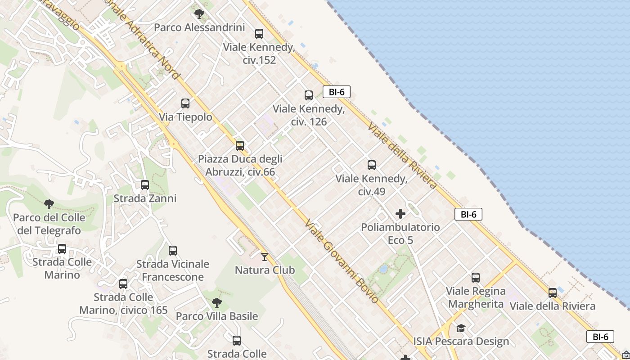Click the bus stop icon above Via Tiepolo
tap(185, 103)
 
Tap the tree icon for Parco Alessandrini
tap(199, 14)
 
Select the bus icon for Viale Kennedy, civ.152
tap(259, 34)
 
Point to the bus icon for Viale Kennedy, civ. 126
tap(309, 95)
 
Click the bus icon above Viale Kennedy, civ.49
tap(372, 165)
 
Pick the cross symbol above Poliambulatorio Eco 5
tap(400, 214)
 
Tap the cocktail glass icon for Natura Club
tap(265, 257)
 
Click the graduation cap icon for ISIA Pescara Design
tap(461, 328)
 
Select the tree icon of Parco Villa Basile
tap(217, 302)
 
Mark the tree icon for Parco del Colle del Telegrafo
tap(49, 204)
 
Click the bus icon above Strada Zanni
tap(145, 185)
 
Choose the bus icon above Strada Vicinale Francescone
tap(173, 251)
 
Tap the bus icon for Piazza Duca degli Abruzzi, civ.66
tap(240, 146)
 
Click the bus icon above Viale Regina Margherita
tap(476, 278)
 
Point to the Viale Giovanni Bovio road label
tap(341, 261)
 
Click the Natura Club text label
tap(265, 270)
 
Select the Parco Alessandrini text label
tap(199, 27)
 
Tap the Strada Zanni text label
tap(145, 198)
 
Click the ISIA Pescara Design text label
tap(461, 342)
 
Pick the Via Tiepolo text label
tap(185, 117)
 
